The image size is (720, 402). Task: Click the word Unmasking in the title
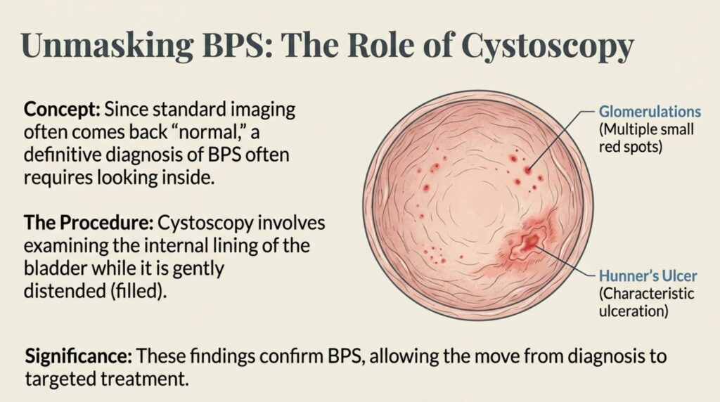click(x=108, y=46)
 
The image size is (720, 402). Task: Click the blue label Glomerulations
click(x=650, y=112)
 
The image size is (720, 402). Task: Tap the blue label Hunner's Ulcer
click(x=648, y=275)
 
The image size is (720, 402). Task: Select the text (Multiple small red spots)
click(x=646, y=138)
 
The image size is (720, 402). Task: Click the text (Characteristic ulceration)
click(x=646, y=302)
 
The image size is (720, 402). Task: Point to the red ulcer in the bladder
click(x=530, y=242)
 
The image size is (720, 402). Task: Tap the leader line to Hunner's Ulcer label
click(x=565, y=260)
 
